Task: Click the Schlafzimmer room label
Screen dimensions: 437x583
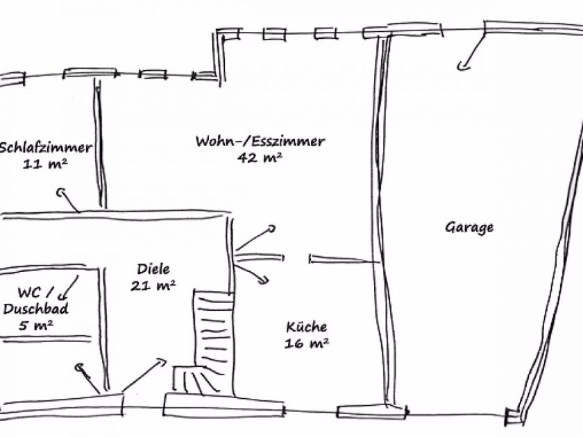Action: pyautogui.click(x=46, y=147)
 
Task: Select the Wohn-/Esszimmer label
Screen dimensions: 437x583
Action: pyautogui.click(x=260, y=142)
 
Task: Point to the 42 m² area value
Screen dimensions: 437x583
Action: pyautogui.click(x=260, y=158)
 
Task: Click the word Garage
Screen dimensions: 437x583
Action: pyautogui.click(x=469, y=227)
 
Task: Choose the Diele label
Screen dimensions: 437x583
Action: pyautogui.click(x=153, y=269)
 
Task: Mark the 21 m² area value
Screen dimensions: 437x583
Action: pyautogui.click(x=153, y=285)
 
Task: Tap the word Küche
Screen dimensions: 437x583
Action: pyautogui.click(x=306, y=327)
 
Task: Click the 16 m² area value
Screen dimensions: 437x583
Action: pyautogui.click(x=306, y=343)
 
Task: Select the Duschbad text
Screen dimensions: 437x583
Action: pyautogui.click(x=35, y=309)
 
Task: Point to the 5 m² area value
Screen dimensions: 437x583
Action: pyautogui.click(x=35, y=325)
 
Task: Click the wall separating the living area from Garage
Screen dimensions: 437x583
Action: pyautogui.click(x=380, y=222)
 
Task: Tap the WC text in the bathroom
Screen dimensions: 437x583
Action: pyautogui.click(x=31, y=293)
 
